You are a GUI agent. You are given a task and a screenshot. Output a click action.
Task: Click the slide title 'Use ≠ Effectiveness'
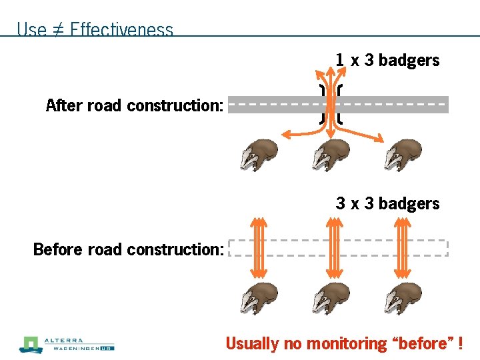click(x=95, y=29)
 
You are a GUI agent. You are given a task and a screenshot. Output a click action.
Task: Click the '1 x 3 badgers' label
click(x=387, y=60)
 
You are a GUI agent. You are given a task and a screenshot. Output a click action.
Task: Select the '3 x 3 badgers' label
click(x=387, y=203)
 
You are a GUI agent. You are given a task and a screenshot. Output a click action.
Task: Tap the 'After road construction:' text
click(x=134, y=105)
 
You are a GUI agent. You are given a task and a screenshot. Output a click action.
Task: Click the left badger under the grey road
click(x=259, y=155)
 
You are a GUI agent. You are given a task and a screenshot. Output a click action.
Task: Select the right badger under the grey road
click(x=404, y=155)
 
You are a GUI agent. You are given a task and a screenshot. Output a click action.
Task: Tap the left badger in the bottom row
click(x=259, y=298)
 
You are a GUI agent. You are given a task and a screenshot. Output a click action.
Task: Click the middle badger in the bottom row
click(x=332, y=298)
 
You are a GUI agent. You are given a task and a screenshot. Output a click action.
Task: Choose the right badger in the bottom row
click(x=404, y=298)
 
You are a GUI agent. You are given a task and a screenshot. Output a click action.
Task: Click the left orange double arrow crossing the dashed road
click(x=259, y=248)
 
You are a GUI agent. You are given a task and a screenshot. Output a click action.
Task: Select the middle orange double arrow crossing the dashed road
click(x=331, y=248)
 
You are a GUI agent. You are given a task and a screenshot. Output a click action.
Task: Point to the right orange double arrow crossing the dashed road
click(x=403, y=248)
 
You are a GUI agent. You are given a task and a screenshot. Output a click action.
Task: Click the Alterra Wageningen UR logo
click(x=67, y=345)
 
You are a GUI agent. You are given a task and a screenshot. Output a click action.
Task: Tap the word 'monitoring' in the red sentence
click(x=346, y=344)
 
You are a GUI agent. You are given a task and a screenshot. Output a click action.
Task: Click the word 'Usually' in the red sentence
click(x=252, y=344)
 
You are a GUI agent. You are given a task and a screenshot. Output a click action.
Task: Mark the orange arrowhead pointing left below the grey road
click(x=287, y=136)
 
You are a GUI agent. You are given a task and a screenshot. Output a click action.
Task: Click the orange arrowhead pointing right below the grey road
click(x=379, y=139)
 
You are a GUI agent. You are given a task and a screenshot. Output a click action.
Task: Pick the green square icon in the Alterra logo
click(x=30, y=345)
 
